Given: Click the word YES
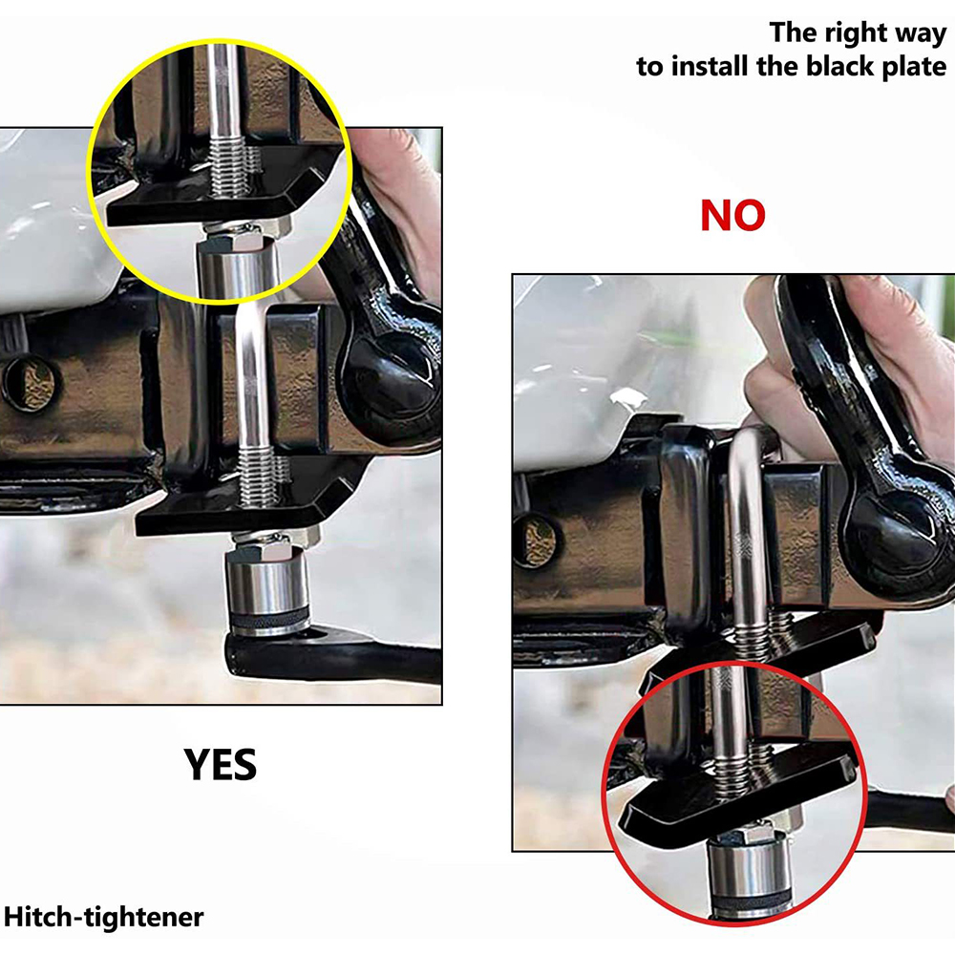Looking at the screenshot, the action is click(220, 764).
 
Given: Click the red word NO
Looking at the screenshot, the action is click(732, 216).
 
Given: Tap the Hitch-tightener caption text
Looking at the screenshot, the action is click(103, 917).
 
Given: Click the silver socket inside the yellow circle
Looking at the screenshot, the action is click(239, 265).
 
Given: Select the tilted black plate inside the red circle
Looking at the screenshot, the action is click(737, 795).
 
